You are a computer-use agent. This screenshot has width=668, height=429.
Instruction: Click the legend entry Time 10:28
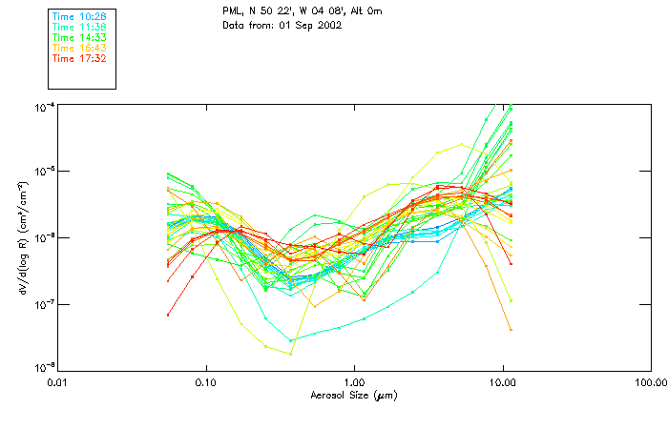coord(78,17)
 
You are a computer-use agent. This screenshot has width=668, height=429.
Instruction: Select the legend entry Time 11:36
coord(78,27)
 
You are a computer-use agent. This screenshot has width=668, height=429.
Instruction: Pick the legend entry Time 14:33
coord(78,37)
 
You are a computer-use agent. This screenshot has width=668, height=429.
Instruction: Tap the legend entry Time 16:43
coord(78,48)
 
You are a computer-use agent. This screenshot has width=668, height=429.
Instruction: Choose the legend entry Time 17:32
coord(78,58)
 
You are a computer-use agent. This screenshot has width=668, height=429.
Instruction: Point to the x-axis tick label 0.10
coord(206,382)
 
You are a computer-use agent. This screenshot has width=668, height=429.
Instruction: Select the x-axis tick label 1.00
coord(354,382)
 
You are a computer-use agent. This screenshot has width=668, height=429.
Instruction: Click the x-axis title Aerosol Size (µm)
coord(354,394)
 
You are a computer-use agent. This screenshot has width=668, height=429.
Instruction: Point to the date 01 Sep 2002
coord(309,25)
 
